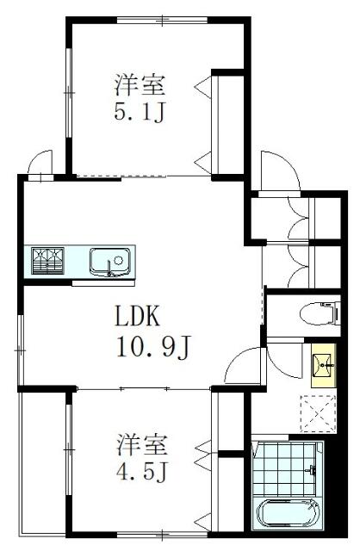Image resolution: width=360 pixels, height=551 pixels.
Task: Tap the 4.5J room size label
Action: pos(143,472)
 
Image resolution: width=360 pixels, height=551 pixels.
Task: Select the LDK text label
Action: pos(138,316)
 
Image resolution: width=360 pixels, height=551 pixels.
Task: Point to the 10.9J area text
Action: pos(153,348)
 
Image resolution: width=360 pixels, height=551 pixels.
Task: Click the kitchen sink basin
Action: pos(110,261)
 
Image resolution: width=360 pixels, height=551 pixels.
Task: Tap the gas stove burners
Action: pos(47,261)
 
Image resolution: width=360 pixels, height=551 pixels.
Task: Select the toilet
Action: pos(320,312)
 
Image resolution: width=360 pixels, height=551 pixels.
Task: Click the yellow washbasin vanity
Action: pos(324,365)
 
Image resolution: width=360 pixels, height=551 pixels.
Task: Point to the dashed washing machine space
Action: pos(319,414)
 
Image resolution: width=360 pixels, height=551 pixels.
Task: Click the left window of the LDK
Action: pos(21,350)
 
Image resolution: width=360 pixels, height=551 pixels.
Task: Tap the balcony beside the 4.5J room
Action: pos(43,464)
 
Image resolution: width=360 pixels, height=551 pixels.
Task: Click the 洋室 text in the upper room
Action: pos(140,85)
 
